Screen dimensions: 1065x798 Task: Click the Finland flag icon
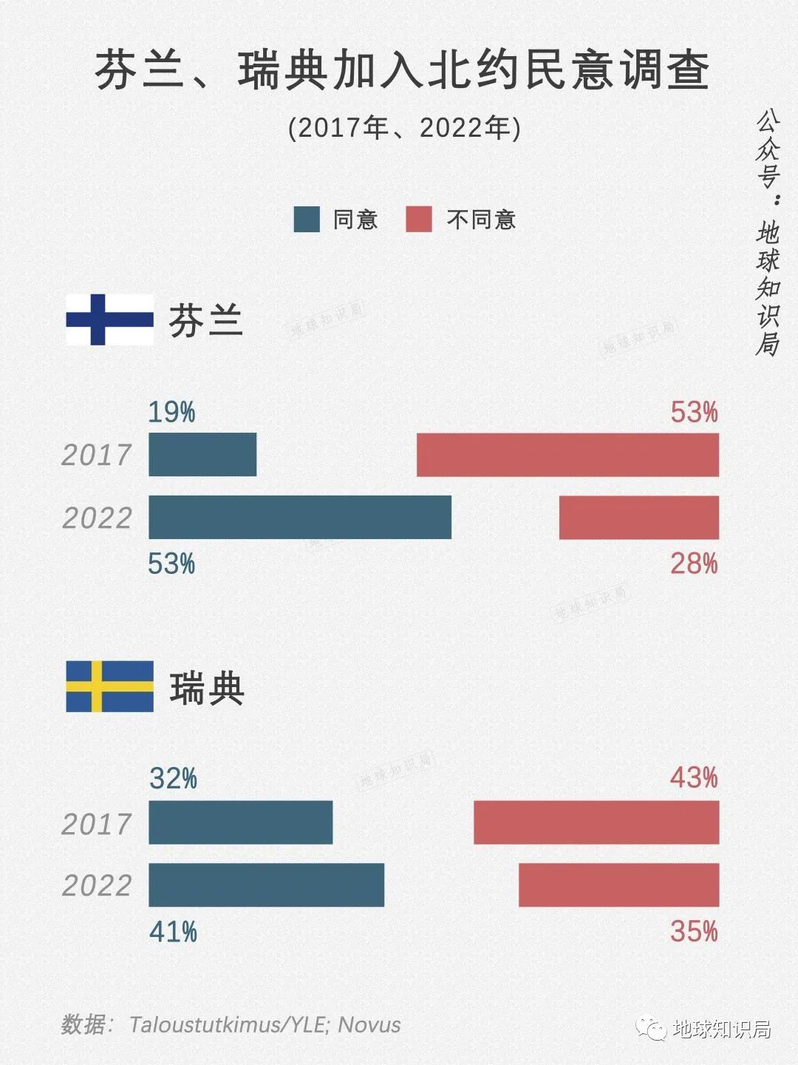coord(110,319)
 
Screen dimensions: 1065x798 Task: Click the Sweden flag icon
coord(110,686)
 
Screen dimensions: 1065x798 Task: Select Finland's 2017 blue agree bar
coord(202,455)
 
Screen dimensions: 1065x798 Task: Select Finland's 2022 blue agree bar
coord(300,517)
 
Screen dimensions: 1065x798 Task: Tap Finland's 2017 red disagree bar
coord(567,455)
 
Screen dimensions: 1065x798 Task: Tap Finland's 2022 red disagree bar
coord(639,517)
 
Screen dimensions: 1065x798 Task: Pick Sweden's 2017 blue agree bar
coord(241,822)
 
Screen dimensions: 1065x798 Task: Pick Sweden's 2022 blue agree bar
coord(267,885)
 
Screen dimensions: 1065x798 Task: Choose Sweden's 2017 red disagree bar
coord(596,822)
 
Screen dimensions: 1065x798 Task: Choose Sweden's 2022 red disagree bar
coord(618,885)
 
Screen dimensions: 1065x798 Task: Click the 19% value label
coord(171,412)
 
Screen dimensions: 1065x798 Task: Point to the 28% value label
coord(694,564)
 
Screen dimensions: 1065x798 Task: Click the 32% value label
coord(173,779)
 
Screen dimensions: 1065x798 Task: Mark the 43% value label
coord(694,778)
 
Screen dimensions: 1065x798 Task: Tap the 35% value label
coord(694,931)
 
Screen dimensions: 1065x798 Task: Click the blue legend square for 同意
coord(307,220)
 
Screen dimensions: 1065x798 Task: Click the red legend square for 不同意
coord(419,220)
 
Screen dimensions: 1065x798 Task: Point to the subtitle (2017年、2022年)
coord(404,128)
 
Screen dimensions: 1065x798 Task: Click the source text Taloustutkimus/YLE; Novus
coord(265,1024)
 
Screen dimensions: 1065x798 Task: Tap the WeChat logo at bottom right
coord(652,1029)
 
